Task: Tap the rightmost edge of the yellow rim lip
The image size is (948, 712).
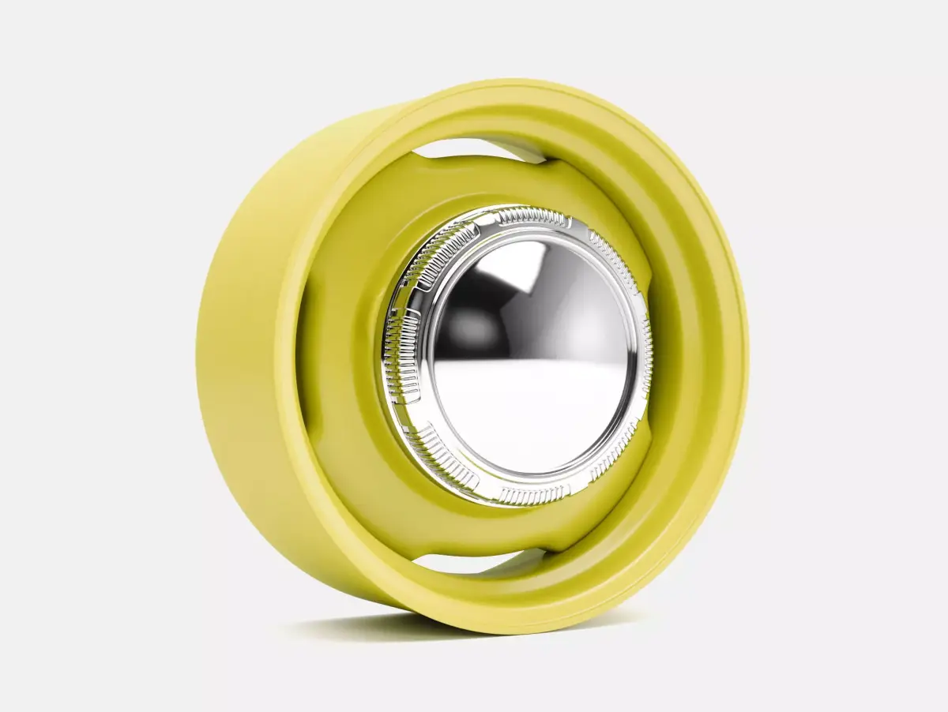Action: coord(747,347)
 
